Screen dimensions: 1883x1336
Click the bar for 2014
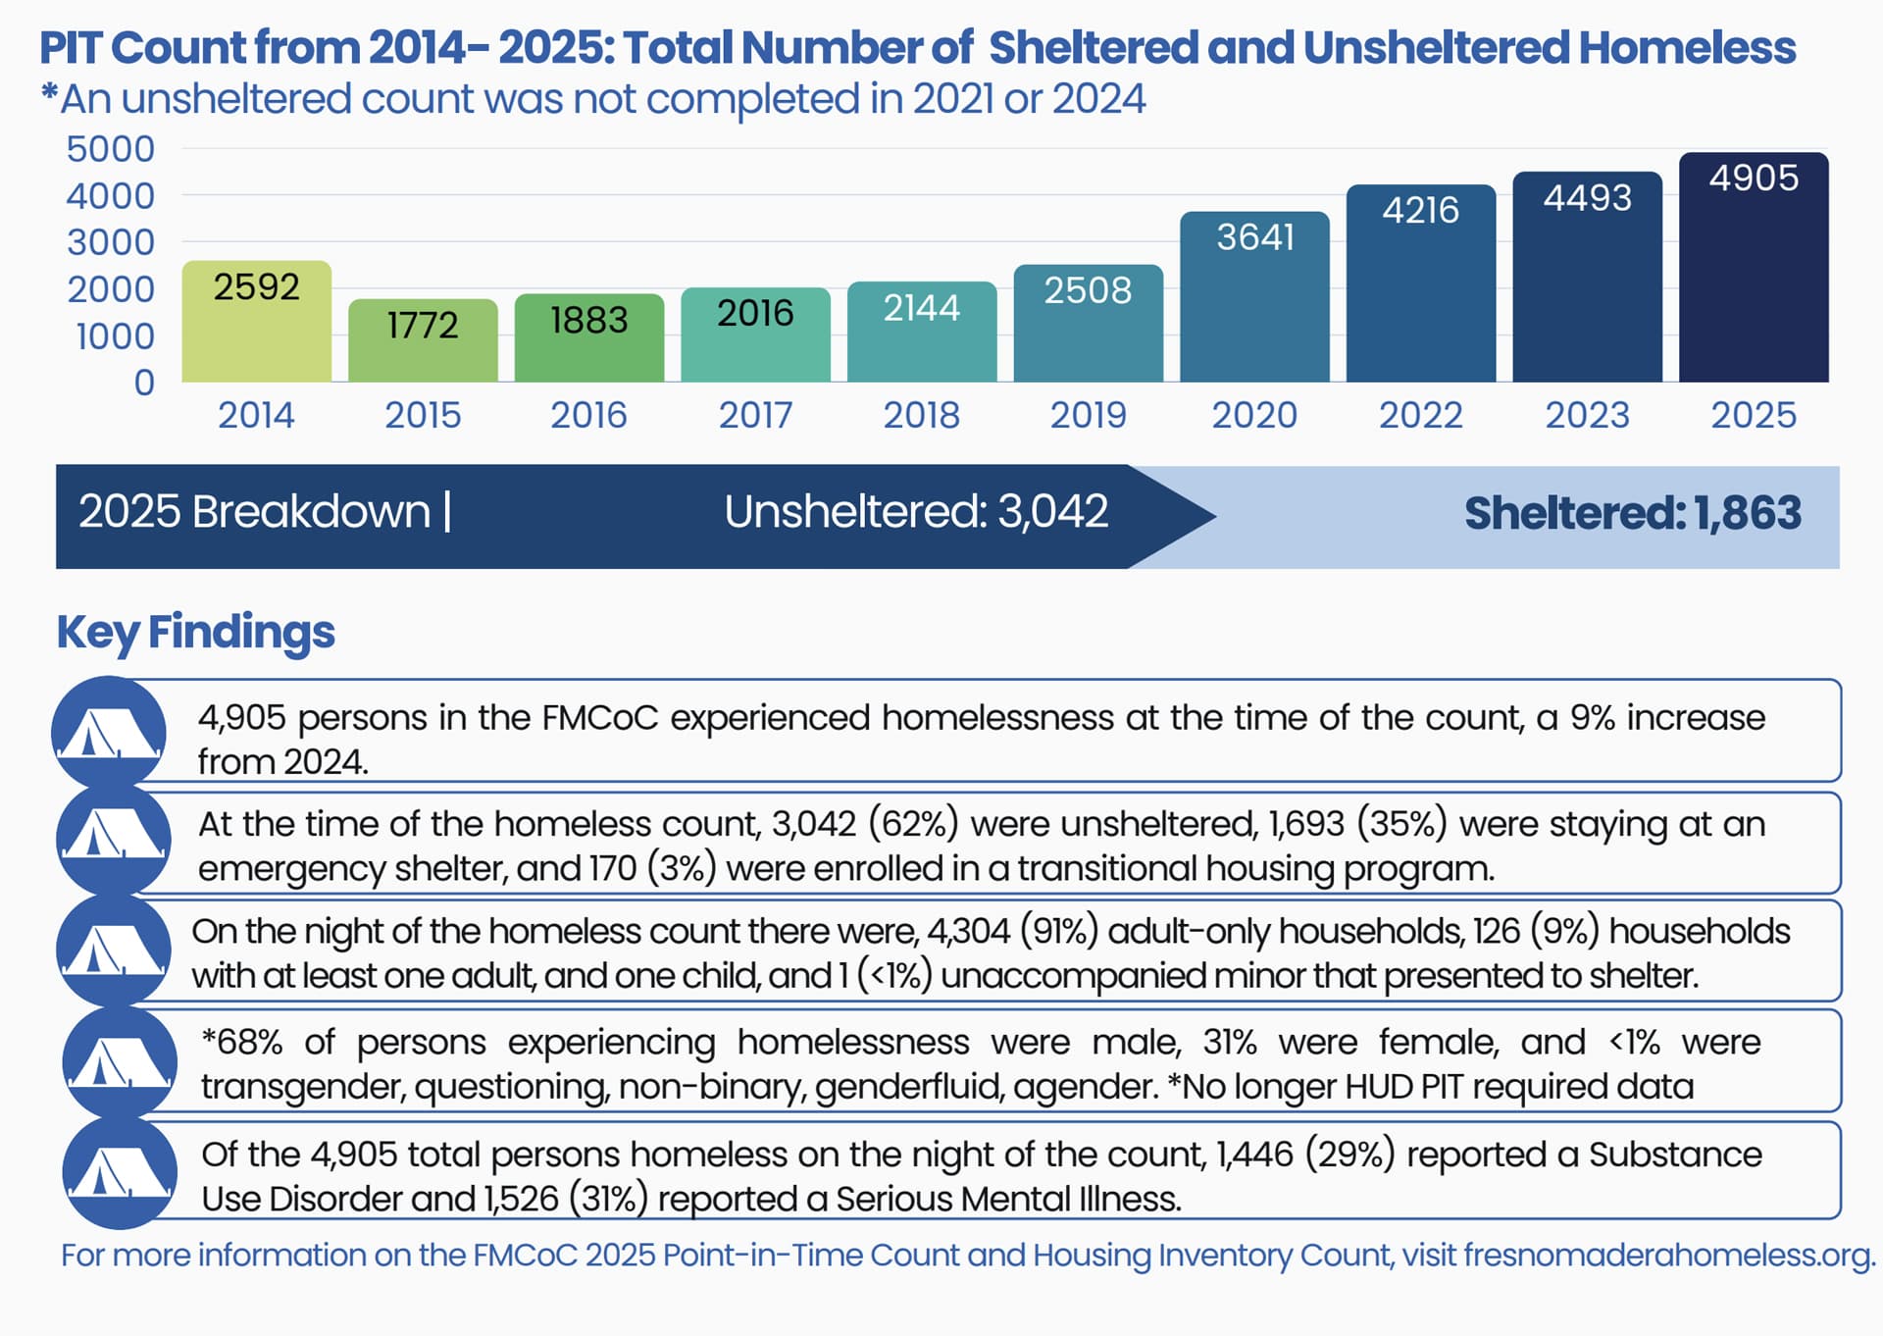(257, 321)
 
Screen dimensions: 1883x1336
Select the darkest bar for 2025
(1754, 267)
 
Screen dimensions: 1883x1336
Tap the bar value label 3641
(1255, 237)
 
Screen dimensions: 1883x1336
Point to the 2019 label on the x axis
(1089, 415)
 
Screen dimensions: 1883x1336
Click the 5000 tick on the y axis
(111, 149)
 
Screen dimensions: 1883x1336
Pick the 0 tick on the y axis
(144, 383)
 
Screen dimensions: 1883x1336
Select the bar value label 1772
(423, 325)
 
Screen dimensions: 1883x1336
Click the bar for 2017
(755, 334)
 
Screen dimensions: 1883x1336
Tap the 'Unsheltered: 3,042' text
(916, 512)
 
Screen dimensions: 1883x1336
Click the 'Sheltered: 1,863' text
(1633, 513)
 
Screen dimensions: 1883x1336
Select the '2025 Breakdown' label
(254, 512)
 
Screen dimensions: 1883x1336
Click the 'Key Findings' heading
(196, 632)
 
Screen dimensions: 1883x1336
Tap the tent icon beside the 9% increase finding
(110, 732)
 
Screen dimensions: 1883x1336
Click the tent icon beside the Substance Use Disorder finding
(120, 1172)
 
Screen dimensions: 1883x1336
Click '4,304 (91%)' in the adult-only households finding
(1012, 931)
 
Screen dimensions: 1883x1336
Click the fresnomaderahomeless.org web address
(1669, 1256)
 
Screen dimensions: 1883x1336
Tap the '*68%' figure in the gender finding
(242, 1042)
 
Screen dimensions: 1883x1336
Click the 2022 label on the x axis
(1421, 415)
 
